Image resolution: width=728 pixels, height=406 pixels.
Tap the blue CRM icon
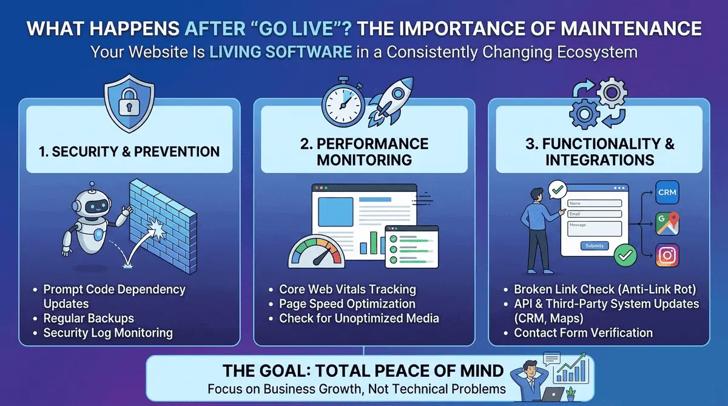(x=667, y=192)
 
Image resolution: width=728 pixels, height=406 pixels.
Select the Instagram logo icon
(x=667, y=255)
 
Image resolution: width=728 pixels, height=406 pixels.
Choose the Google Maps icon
(x=667, y=224)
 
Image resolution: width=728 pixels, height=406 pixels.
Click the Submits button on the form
(x=594, y=246)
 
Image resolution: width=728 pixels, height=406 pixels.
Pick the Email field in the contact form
(x=594, y=214)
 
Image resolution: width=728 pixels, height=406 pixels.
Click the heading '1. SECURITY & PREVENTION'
(x=129, y=152)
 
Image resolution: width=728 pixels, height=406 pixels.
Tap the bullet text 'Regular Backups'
(x=89, y=318)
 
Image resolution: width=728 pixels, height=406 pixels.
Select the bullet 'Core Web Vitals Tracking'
(x=347, y=289)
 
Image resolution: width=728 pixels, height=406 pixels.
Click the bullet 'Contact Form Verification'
(x=583, y=333)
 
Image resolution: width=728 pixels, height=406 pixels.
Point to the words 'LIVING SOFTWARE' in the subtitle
(x=280, y=52)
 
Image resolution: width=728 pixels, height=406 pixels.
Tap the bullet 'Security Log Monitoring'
(x=108, y=333)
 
